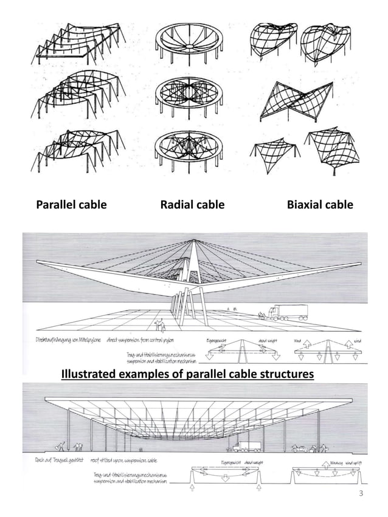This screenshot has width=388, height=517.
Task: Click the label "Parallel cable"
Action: pyautogui.click(x=71, y=205)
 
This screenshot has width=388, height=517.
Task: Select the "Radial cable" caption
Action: pyautogui.click(x=192, y=205)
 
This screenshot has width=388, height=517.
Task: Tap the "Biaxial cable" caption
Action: pyautogui.click(x=319, y=205)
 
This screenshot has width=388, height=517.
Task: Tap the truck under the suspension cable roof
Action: pyautogui.click(x=250, y=448)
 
